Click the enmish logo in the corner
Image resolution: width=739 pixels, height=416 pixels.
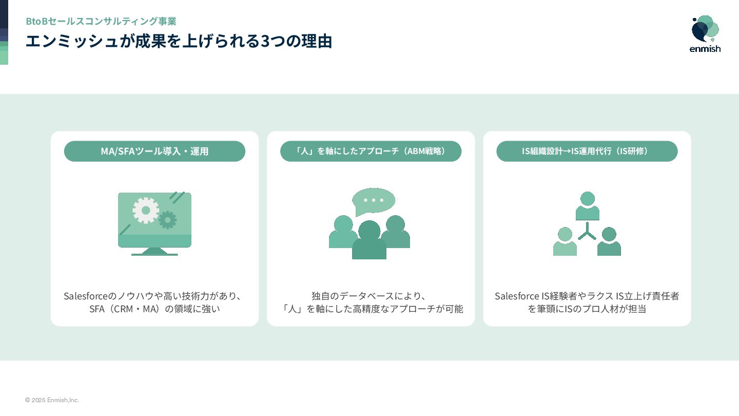click(x=705, y=34)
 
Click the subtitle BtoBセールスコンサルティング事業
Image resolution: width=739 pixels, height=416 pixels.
click(x=101, y=21)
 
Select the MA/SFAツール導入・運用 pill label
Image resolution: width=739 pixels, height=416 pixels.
click(x=154, y=151)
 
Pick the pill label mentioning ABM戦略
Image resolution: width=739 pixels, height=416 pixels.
click(x=371, y=151)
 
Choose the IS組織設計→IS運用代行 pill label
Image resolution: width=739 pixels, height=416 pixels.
click(x=587, y=151)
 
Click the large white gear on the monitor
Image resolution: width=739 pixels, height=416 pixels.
click(x=146, y=210)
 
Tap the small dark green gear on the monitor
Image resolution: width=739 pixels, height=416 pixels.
click(x=167, y=220)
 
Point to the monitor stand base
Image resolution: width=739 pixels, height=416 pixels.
click(x=154, y=253)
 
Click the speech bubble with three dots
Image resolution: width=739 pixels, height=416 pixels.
click(x=374, y=200)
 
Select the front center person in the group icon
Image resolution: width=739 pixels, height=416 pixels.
click(x=369, y=240)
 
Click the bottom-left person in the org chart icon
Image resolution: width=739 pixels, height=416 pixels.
click(x=565, y=242)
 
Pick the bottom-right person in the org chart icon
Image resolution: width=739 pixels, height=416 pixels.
click(x=609, y=242)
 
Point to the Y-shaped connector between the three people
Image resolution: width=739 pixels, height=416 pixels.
click(x=587, y=232)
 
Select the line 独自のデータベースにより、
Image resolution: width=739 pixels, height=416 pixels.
click(x=369, y=296)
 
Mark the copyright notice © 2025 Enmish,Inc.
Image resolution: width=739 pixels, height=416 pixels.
click(x=52, y=400)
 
